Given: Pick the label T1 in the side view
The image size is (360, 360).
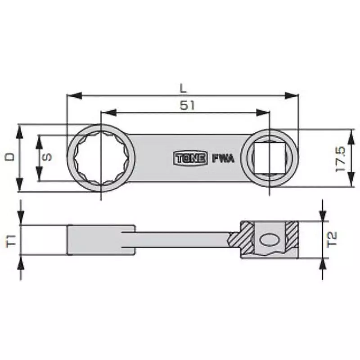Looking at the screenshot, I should click(x=12, y=240).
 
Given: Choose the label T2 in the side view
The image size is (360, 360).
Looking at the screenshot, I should click(x=332, y=239).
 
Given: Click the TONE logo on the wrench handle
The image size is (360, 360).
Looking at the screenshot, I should click(x=190, y=158).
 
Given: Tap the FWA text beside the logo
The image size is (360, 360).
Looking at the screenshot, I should click(x=220, y=158).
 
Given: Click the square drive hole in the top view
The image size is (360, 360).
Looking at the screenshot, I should click(x=269, y=158).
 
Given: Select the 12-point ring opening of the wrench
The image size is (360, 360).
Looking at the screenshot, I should click(x=100, y=158).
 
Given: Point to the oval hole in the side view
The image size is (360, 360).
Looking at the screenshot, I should click(x=270, y=240).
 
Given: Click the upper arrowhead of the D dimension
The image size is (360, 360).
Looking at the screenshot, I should click(x=19, y=130).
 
